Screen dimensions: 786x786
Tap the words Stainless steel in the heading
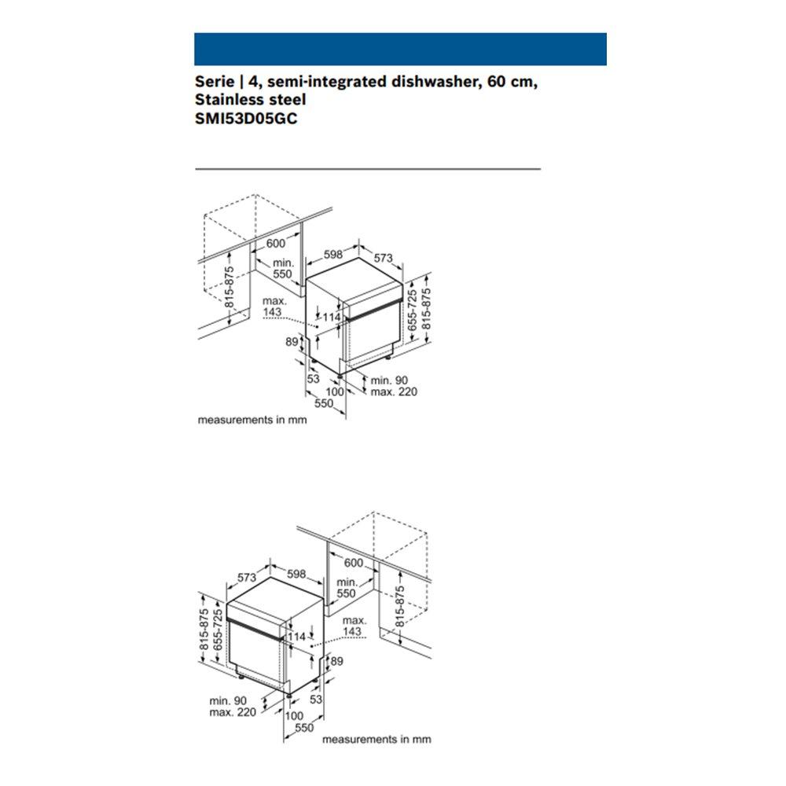click(x=250, y=100)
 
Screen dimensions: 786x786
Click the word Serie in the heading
click(x=212, y=81)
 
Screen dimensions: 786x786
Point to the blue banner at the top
click(x=400, y=49)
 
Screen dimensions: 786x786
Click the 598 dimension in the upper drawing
click(x=333, y=254)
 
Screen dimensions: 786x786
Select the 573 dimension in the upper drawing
click(x=383, y=258)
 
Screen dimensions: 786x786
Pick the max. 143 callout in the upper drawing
click(x=273, y=307)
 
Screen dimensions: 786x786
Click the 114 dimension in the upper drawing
click(x=331, y=317)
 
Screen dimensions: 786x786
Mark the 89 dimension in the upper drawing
click(x=292, y=341)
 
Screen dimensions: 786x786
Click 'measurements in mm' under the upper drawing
click(x=252, y=420)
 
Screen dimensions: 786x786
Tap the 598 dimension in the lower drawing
click(x=296, y=574)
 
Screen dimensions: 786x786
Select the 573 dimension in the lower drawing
click(x=248, y=578)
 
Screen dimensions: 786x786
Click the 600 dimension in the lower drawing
click(x=354, y=563)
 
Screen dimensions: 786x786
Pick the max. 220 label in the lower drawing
click(x=233, y=712)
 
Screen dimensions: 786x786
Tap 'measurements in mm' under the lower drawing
click(x=376, y=739)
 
